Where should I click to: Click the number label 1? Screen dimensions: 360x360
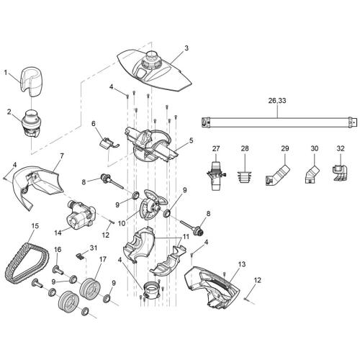[x=6, y=72]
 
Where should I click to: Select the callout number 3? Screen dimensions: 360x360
[x=186, y=48]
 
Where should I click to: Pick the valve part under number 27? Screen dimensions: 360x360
[x=216, y=173]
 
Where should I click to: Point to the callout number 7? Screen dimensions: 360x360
[x=62, y=156]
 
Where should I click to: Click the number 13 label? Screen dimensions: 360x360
[x=242, y=264]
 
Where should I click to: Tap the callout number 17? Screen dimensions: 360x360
[x=103, y=258]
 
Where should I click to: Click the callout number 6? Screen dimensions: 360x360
[x=94, y=124]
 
